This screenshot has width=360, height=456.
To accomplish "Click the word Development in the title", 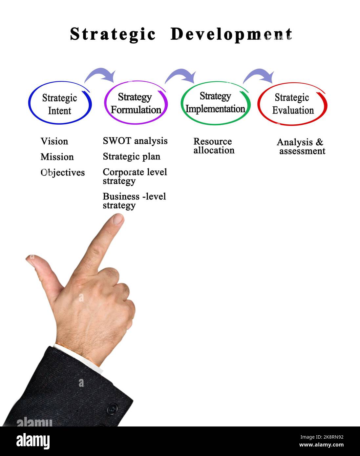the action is (x=231, y=34).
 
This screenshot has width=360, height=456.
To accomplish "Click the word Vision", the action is (x=54, y=141).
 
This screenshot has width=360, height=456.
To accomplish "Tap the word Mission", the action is (x=57, y=157).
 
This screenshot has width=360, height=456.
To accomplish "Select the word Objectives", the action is (x=63, y=173).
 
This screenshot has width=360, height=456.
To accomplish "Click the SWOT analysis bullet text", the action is (x=135, y=141).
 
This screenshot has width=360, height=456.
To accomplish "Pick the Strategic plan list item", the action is (x=132, y=157).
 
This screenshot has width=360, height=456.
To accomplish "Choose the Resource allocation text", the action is (x=214, y=146).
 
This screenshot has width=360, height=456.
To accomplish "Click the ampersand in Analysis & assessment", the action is (x=319, y=142).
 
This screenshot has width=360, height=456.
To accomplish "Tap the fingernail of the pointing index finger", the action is (x=118, y=219).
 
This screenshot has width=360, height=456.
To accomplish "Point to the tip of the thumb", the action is (x=28, y=259).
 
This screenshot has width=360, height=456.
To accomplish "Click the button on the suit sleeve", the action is (x=112, y=408).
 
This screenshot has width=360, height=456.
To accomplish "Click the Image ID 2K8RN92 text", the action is (x=322, y=437).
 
